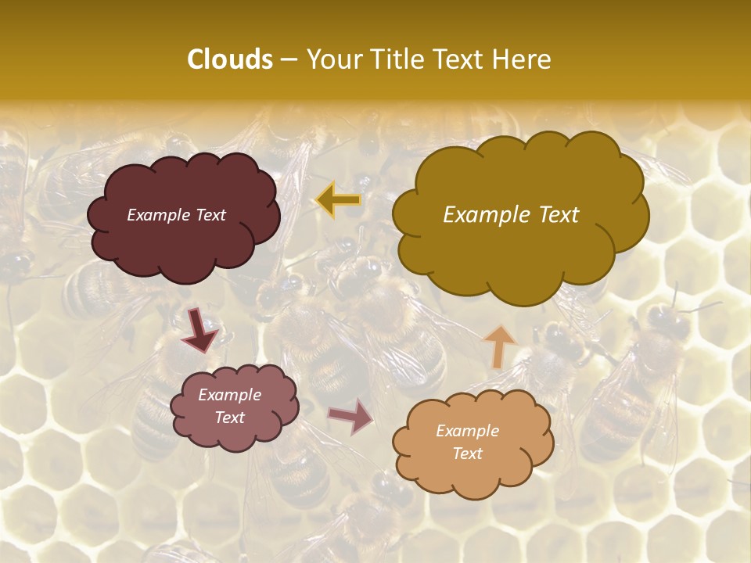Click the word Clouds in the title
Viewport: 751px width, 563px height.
coord(230,59)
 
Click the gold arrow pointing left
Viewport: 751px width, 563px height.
coord(338,200)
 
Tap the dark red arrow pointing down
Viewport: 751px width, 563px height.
coord(200,330)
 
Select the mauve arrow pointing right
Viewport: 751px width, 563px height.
coord(351,416)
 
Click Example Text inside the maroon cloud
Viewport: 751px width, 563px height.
coord(176,215)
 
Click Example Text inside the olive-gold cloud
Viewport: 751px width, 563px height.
coord(511,215)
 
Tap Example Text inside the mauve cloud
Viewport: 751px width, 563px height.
coord(229,406)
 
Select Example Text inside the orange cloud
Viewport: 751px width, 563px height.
coord(467,442)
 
